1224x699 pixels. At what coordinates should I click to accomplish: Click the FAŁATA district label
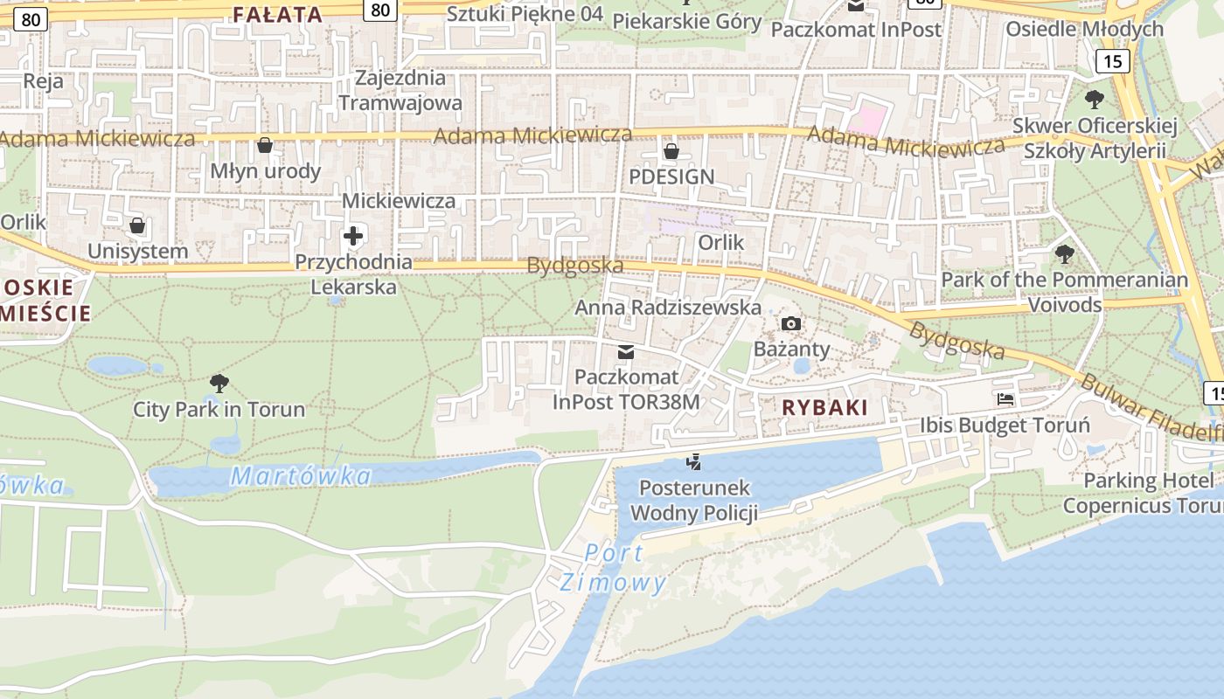(278, 14)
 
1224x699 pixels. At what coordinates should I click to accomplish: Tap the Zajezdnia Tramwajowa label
(400, 90)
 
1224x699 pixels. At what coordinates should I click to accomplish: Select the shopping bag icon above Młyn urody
(265, 145)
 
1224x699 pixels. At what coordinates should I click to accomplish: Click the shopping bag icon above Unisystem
(137, 226)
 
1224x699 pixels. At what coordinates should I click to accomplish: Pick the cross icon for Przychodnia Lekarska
(353, 236)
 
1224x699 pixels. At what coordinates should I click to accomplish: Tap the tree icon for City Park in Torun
(219, 383)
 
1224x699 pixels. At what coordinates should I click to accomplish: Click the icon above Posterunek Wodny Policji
(694, 461)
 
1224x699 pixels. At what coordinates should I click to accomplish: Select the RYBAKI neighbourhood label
(824, 407)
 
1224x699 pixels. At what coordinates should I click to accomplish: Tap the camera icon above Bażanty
(791, 324)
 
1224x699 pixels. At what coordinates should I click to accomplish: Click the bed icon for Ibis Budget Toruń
(1005, 399)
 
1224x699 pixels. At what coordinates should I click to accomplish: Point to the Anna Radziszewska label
(668, 308)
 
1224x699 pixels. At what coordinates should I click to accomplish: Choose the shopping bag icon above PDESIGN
(671, 151)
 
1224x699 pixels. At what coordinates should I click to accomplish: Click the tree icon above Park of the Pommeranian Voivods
(1064, 254)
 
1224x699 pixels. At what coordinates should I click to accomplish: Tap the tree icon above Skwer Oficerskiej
(1094, 100)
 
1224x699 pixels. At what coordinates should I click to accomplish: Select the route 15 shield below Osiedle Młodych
(1112, 60)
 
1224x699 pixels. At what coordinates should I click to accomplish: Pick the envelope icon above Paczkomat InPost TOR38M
(626, 352)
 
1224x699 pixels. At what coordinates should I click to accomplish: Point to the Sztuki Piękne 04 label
(525, 13)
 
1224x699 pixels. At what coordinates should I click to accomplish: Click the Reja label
(44, 81)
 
